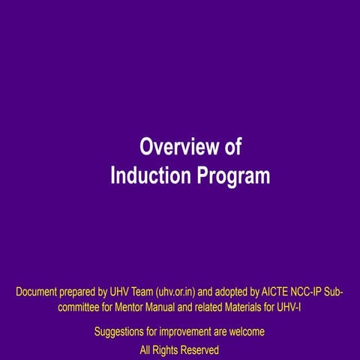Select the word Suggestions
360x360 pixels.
(122, 331)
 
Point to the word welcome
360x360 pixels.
(245, 331)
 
